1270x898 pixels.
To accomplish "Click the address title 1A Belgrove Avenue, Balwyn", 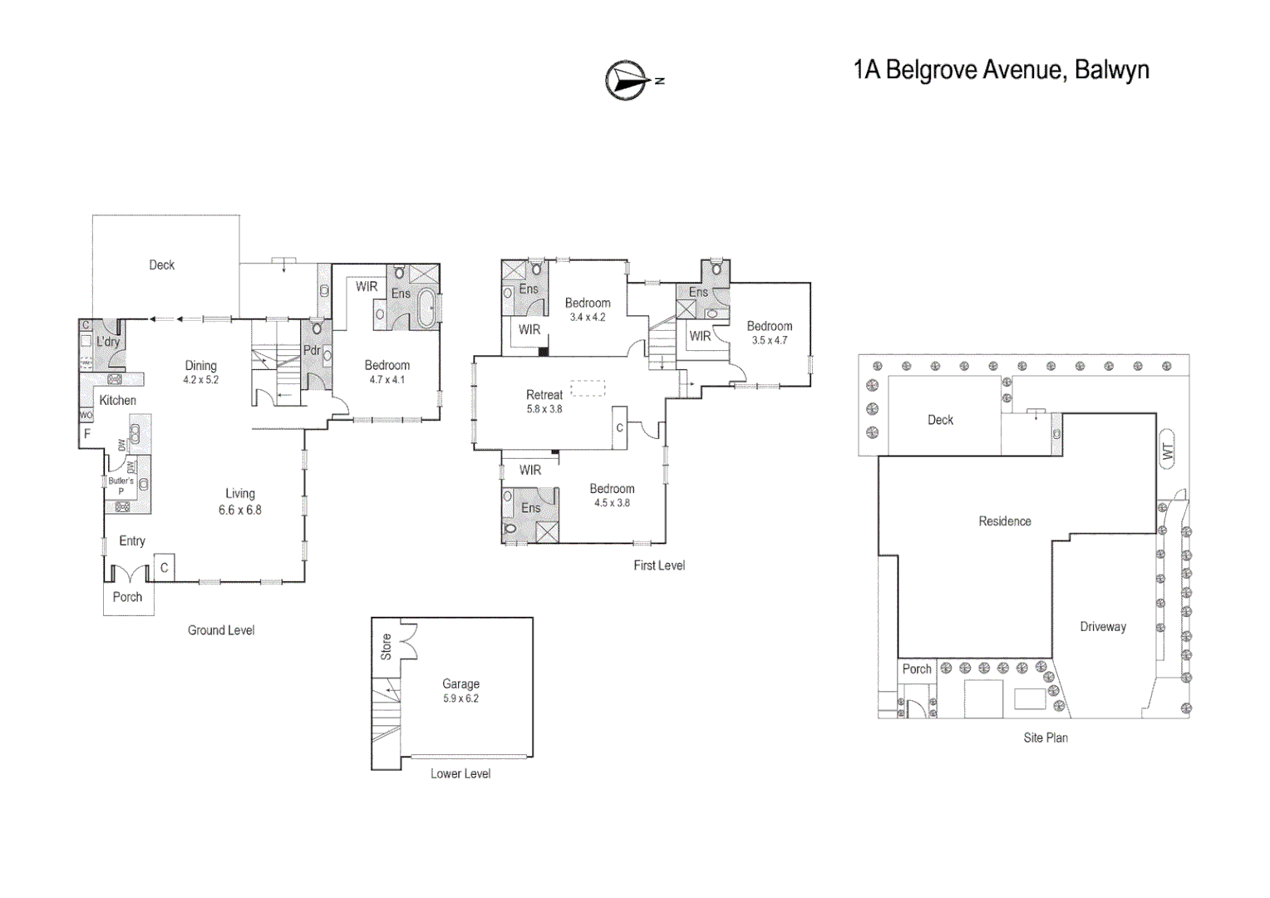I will click(x=1001, y=70).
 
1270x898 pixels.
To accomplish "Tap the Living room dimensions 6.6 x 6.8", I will click(x=239, y=511).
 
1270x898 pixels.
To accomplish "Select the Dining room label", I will click(x=200, y=365).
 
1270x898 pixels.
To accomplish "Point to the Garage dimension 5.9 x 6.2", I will click(x=460, y=698).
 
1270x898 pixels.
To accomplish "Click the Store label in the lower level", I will click(x=386, y=646).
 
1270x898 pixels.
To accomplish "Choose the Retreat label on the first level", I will click(x=544, y=395).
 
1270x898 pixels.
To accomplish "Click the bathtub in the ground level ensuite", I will click(x=426, y=308).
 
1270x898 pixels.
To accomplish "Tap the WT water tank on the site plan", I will click(x=1167, y=450).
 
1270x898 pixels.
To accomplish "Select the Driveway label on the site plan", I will click(x=1102, y=627).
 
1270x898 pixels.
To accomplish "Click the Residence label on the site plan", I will click(x=1004, y=521).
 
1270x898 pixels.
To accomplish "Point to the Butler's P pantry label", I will click(x=121, y=486).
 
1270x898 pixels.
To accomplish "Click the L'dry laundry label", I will click(x=108, y=342).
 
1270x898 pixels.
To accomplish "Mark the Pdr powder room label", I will click(x=312, y=350).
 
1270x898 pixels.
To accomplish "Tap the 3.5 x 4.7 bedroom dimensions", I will click(x=769, y=340).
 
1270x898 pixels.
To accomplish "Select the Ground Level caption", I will click(x=221, y=630).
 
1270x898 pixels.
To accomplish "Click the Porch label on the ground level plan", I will click(x=127, y=597).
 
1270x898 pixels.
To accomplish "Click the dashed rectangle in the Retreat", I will click(x=588, y=388).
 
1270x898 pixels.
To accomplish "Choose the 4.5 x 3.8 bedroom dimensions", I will click(x=612, y=503).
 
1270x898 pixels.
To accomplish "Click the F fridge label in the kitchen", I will click(x=86, y=434).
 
